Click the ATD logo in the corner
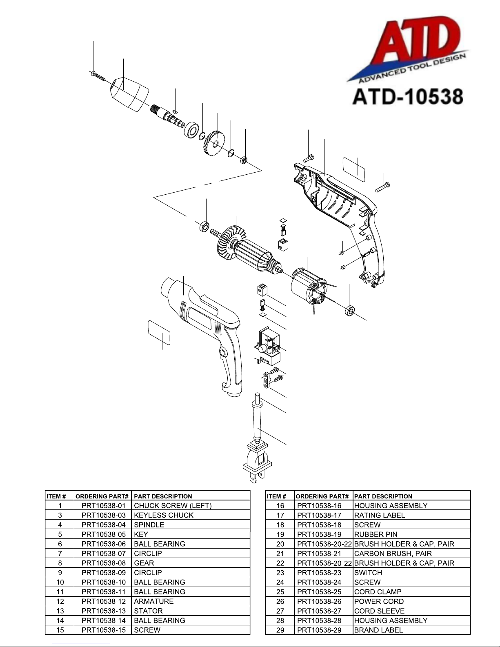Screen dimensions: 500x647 coord(408,49)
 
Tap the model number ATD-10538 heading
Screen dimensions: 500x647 coord(408,96)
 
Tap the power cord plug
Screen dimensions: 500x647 coord(258,462)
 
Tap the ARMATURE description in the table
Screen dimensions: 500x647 coord(153,601)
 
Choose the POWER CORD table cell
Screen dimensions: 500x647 coord(379,601)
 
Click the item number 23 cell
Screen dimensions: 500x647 coord(280,573)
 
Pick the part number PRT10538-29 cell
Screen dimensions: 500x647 coord(319,630)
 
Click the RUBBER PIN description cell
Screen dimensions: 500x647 coord(376,534)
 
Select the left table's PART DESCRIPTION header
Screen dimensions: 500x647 coord(163,496)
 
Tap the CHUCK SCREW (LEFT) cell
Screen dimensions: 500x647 coord(173,506)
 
